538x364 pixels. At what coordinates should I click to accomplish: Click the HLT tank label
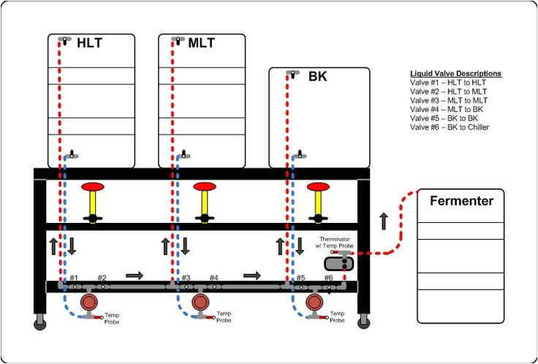(89, 43)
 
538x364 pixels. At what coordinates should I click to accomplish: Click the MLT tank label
(201, 43)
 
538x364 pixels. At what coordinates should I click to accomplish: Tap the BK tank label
(317, 76)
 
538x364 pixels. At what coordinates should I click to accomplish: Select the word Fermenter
(461, 201)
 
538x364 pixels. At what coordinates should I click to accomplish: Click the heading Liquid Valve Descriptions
(455, 74)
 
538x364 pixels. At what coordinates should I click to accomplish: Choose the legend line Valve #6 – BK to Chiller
(450, 127)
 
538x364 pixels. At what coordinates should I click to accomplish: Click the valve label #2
(102, 278)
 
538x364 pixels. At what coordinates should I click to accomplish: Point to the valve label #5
(300, 278)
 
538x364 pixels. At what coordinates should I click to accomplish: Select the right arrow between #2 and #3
(134, 276)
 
